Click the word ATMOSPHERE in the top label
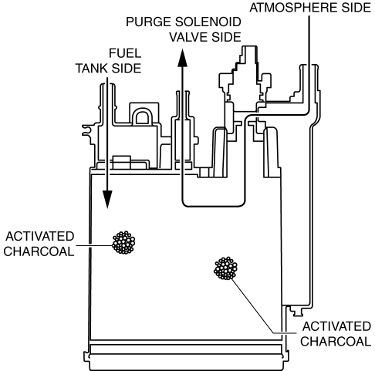click(x=294, y=7)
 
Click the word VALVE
click(x=189, y=37)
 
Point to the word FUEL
click(x=125, y=53)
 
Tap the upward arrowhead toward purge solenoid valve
click(x=183, y=58)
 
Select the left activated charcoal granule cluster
click(x=123, y=242)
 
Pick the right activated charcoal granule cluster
click(x=225, y=268)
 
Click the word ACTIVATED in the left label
click(x=40, y=236)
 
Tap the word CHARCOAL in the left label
click(x=39, y=251)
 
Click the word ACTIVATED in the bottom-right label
click(x=336, y=326)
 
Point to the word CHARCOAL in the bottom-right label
click(x=336, y=342)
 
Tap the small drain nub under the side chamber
click(x=297, y=311)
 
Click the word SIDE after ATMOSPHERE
click(x=356, y=7)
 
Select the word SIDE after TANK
click(x=127, y=69)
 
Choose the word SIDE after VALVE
click(x=227, y=37)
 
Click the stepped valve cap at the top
click(x=245, y=75)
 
